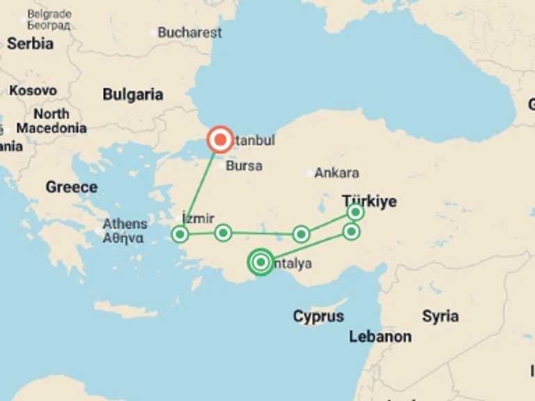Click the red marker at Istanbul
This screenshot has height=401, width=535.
tap(220, 140)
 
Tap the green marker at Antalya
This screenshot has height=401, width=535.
tap(261, 262)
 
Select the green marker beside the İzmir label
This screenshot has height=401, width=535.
tap(180, 234)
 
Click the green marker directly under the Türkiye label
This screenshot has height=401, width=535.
tap(355, 212)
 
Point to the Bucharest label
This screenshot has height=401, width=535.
tap(189, 33)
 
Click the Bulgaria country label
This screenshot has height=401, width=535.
tap(133, 95)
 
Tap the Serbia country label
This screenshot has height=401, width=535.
tap(30, 43)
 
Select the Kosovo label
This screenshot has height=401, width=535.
tap(33, 91)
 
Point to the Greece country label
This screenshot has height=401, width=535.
tap(71, 187)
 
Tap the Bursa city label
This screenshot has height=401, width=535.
tap(244, 166)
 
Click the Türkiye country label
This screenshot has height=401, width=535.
tap(369, 201)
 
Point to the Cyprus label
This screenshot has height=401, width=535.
tap(318, 316)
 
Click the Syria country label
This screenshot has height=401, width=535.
tap(440, 316)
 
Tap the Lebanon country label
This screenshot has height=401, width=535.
tap(380, 337)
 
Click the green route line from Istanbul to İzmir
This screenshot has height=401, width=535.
tap(200, 187)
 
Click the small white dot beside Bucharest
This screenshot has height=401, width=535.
tap(153, 33)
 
